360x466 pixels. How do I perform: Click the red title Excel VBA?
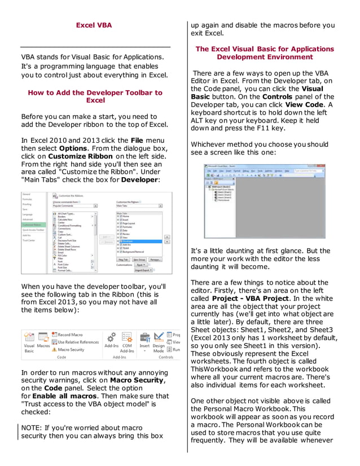pyautogui.click(x=94, y=25)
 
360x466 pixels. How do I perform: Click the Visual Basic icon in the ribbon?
pyautogui.click(x=29, y=342)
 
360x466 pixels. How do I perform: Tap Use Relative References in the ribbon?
pyautogui.click(x=78, y=342)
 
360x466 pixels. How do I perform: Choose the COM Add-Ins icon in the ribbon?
pyautogui.click(x=127, y=342)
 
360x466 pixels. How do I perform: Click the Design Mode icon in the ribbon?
pyautogui.click(x=159, y=342)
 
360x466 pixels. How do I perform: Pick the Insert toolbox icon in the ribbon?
pyautogui.click(x=144, y=341)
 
